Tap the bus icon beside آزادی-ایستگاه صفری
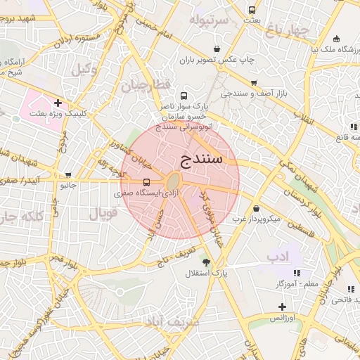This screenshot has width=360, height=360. [x=146, y=182]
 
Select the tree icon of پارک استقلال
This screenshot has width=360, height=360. [x=206, y=262]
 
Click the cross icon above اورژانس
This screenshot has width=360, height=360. [x=282, y=307]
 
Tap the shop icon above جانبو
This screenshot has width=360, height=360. [x=68, y=175]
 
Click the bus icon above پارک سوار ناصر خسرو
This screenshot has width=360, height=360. [x=184, y=96]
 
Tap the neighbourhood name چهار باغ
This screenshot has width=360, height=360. [x=287, y=30]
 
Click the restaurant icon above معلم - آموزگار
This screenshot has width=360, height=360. [x=297, y=273]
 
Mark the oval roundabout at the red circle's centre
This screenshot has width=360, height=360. [x=174, y=183]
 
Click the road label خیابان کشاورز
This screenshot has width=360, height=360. [x=132, y=150]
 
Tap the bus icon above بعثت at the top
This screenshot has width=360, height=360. [x=252, y=10]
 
